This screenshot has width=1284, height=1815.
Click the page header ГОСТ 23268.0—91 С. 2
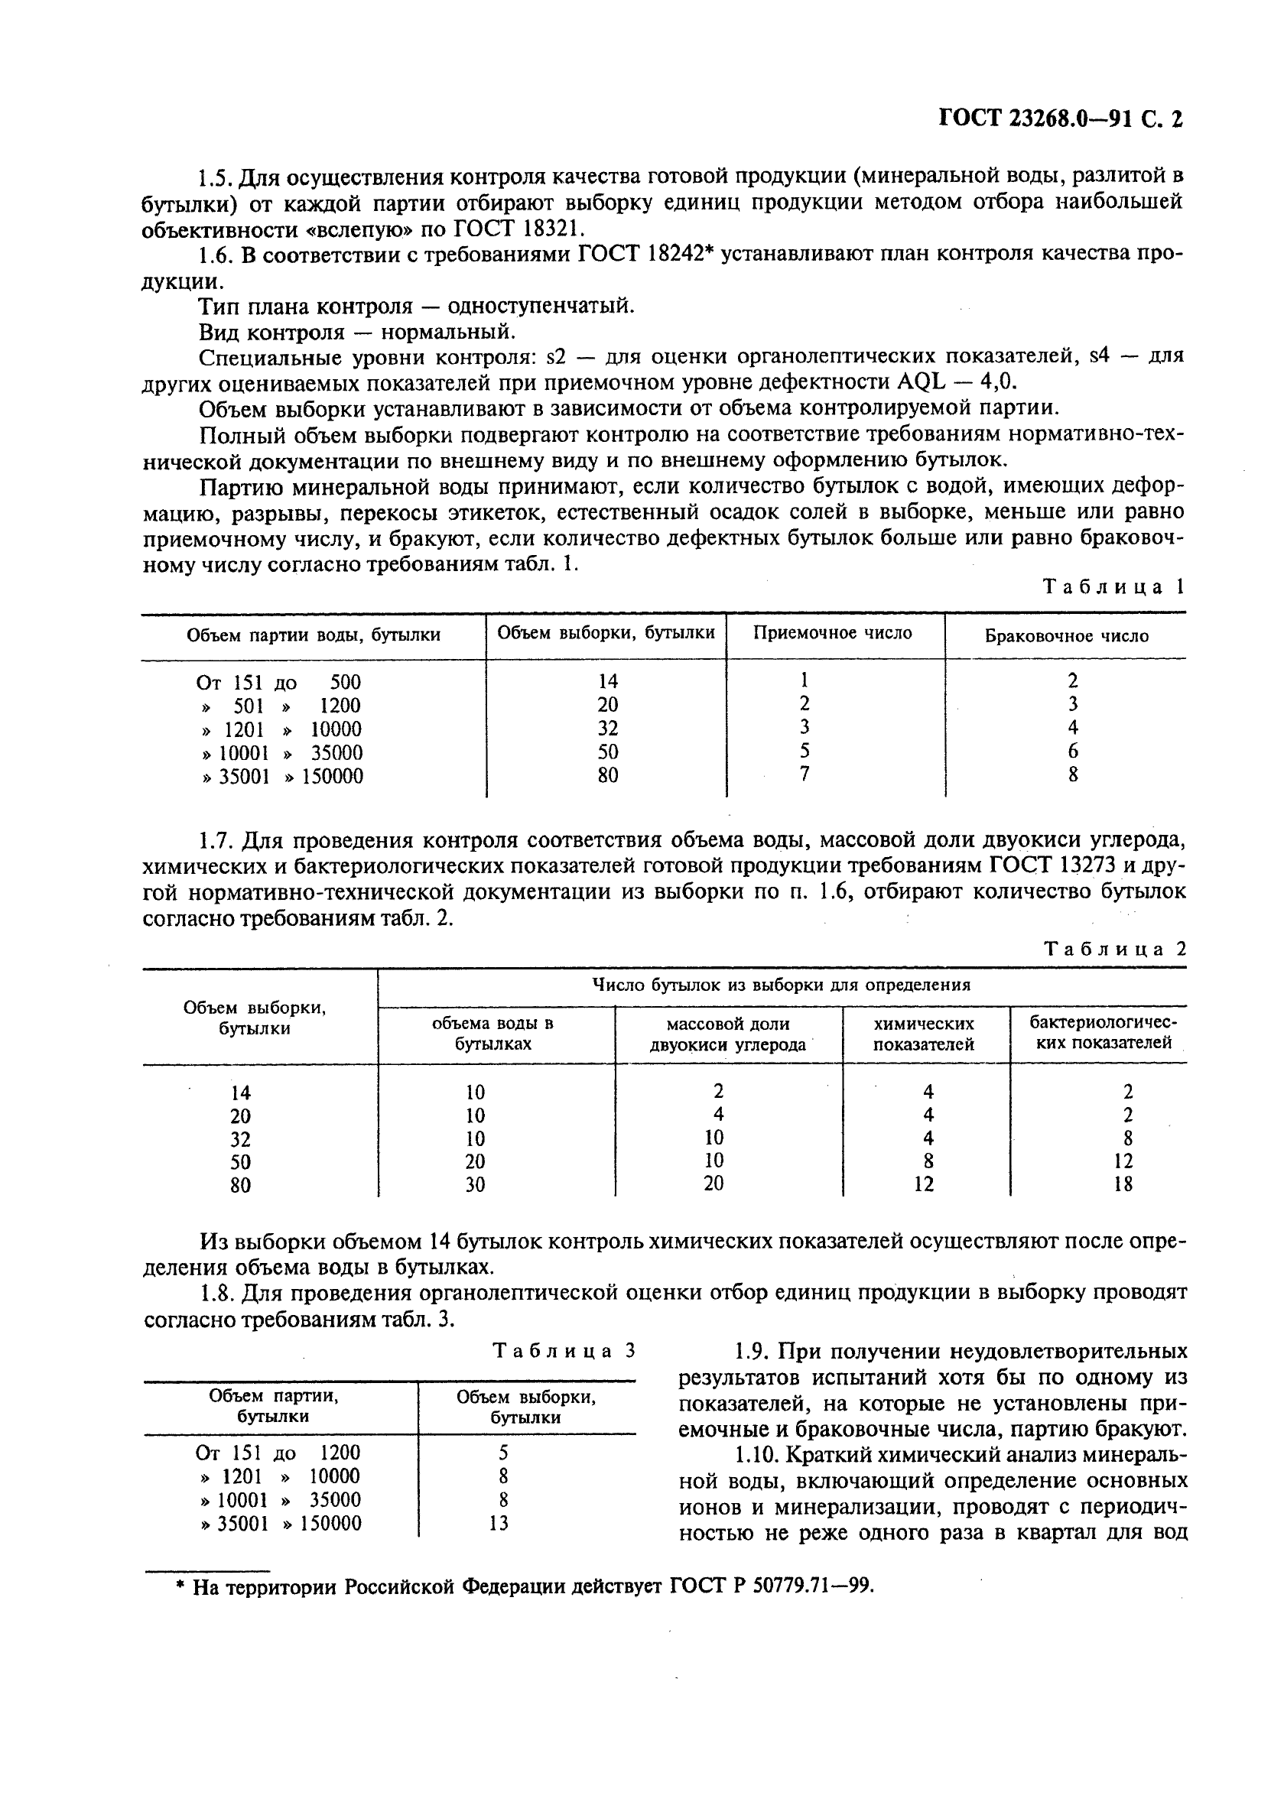point(1059,119)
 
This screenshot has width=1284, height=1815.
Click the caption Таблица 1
point(1113,586)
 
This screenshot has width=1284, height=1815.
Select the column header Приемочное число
point(833,633)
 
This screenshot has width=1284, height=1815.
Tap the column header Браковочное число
point(1066,635)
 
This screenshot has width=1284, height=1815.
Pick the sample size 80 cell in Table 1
point(607,775)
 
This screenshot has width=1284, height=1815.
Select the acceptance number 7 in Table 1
point(804,774)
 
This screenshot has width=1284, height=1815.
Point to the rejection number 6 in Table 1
point(1073,751)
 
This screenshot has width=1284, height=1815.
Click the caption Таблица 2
point(1115,949)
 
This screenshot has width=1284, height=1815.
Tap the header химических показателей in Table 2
point(925,1034)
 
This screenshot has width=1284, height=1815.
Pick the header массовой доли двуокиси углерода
point(727,1034)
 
